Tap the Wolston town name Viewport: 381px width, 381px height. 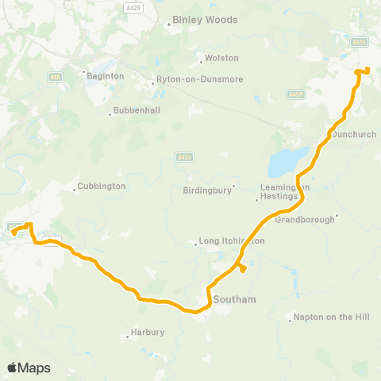221,58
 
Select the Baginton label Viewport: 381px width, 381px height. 106,75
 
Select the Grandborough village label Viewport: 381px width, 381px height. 305,220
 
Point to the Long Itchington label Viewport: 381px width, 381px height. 232,241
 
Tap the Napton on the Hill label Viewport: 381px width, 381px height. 332,317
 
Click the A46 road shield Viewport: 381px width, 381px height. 55,77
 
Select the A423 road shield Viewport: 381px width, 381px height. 183,158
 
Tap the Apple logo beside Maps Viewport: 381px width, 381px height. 12,368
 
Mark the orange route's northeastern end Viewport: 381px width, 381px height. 368,71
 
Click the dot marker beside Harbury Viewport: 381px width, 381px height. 128,337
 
